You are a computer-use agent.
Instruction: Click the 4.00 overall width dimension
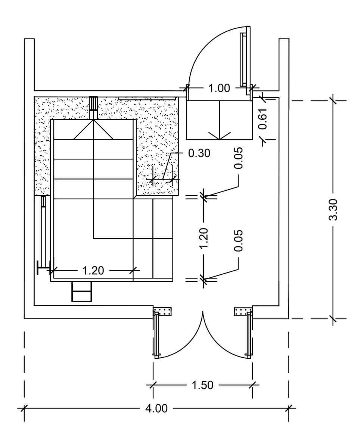[x=156, y=408]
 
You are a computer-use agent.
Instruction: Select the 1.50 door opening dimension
[x=202, y=385]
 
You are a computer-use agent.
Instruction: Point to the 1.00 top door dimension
[x=219, y=88]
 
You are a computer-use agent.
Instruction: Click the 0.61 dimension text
[x=263, y=119]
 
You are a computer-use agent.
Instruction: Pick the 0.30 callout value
[x=199, y=153]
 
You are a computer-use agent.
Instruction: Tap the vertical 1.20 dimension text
[x=203, y=239]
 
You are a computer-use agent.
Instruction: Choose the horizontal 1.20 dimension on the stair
[x=93, y=270]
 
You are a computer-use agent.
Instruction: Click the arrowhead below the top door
[x=219, y=136]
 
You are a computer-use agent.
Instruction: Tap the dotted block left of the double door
[x=162, y=311]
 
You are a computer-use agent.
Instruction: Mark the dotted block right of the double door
[x=243, y=311]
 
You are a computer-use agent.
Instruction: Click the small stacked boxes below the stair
[x=82, y=291]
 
